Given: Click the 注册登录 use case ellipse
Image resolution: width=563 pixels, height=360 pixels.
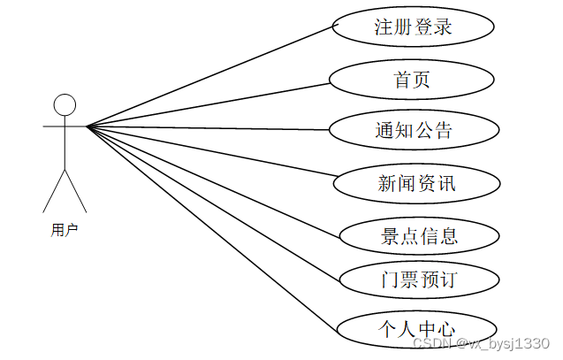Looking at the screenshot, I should point(412,27).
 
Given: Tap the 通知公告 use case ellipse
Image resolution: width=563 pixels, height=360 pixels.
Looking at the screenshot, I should point(412,130).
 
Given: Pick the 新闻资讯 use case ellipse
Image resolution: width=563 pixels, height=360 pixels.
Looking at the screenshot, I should point(415,183).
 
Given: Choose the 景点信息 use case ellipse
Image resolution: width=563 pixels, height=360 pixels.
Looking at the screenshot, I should point(419,235).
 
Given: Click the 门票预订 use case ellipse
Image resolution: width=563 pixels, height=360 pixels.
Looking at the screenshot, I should point(419,281).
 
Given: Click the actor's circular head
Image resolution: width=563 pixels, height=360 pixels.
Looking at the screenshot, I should point(65,105).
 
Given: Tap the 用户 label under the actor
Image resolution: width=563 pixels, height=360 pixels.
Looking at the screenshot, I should point(65,230).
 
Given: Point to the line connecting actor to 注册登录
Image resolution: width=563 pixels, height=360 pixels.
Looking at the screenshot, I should point(210,76).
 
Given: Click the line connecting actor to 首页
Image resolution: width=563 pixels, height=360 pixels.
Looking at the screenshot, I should point(208,105).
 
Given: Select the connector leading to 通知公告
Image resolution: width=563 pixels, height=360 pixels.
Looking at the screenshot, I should point(208,128).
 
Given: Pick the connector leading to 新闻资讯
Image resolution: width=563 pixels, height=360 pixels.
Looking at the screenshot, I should point(210,154).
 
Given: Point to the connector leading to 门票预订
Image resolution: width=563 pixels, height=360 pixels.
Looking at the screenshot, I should point(212,203).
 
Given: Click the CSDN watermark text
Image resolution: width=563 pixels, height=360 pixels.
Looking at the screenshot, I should point(482,343).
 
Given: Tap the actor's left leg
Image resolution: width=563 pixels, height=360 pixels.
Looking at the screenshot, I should point(53,191).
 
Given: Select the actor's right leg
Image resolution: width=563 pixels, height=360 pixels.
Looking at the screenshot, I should point(76,191).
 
